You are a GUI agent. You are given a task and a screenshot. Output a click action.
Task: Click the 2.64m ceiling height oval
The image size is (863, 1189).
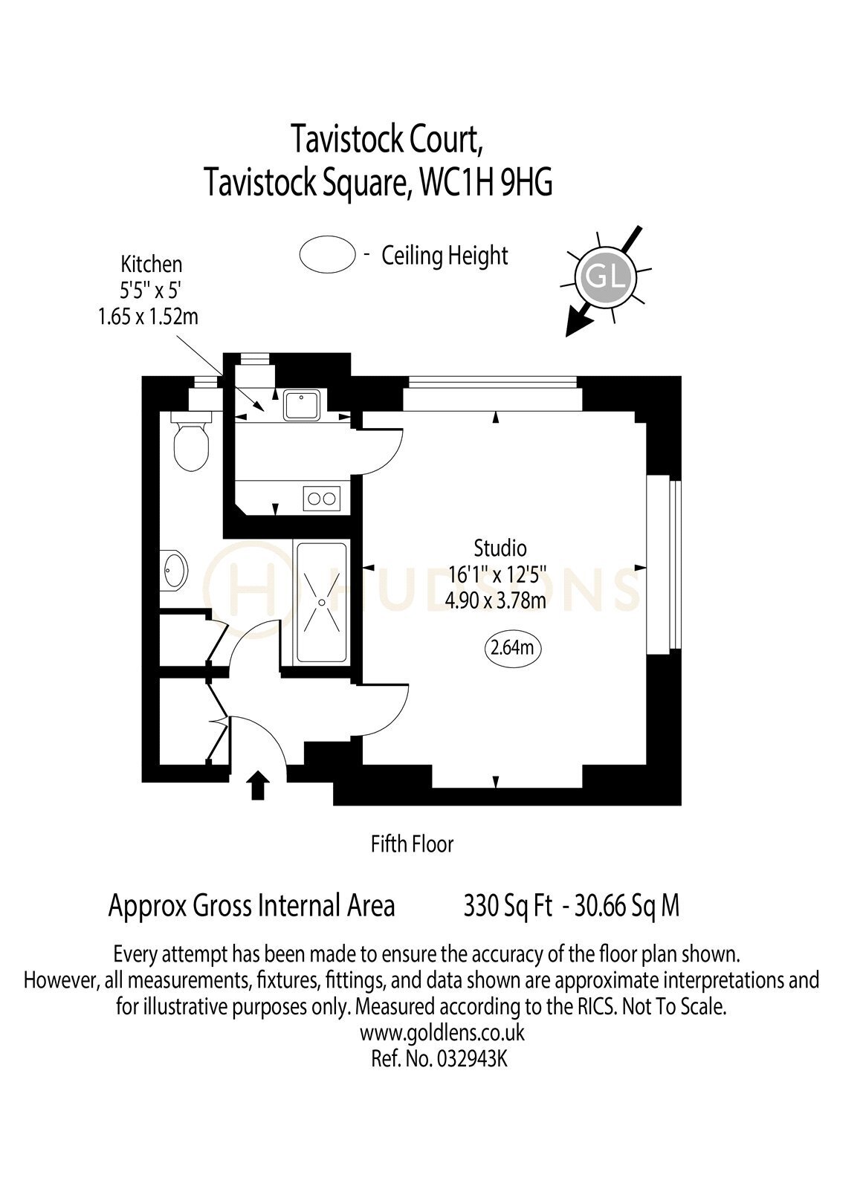pyautogui.click(x=512, y=647)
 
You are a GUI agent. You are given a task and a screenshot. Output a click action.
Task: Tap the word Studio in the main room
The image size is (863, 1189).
pyautogui.click(x=500, y=547)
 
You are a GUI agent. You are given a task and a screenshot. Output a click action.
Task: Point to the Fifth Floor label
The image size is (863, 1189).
pyautogui.click(x=412, y=844)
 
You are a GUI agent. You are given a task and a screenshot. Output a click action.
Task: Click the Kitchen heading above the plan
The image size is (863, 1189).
pyautogui.click(x=152, y=264)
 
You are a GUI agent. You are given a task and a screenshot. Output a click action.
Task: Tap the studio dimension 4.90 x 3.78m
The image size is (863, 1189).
pyautogui.click(x=496, y=600)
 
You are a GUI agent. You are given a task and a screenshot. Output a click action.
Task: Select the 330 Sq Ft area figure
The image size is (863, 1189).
pyautogui.click(x=508, y=906)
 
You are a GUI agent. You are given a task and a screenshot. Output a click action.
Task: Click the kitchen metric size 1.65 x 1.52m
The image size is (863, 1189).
pyautogui.click(x=148, y=317)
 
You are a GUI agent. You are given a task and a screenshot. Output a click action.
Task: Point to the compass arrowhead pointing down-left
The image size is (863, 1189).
pyautogui.click(x=576, y=325)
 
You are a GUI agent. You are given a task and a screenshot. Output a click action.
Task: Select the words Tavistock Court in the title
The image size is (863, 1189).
pyautogui.click(x=387, y=139)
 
